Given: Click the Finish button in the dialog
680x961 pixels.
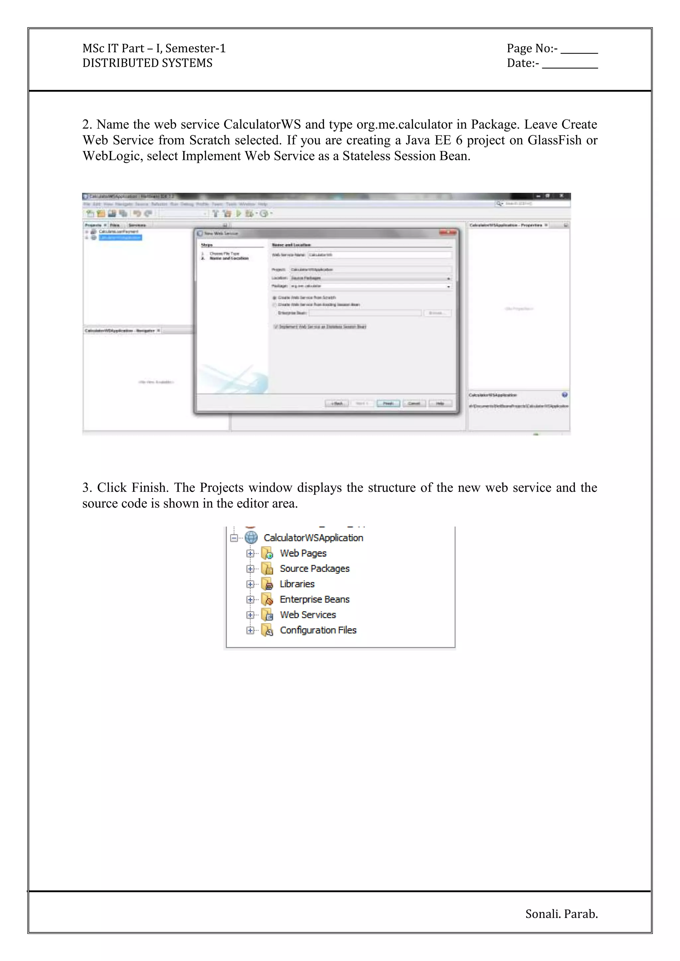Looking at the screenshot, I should tap(388, 404).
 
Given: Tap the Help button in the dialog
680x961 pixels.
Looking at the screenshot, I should tap(440, 404).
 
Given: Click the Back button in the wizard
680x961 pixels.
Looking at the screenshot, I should tap(337, 404).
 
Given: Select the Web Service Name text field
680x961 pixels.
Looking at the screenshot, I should tap(380, 255).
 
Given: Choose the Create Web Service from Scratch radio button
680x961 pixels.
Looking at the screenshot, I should tap(275, 298).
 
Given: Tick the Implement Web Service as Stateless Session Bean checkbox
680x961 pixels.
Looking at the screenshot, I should tap(276, 327).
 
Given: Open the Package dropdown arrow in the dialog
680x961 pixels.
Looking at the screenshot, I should tap(449, 287).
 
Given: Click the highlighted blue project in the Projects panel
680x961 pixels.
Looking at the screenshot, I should tap(120, 237).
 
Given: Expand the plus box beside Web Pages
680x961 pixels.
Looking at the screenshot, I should tap(250, 553).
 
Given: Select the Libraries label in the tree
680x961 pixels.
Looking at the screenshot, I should tap(297, 584).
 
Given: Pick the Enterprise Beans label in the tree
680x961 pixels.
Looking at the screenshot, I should tap(314, 599).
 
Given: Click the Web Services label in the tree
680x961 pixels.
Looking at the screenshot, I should tap(308, 615).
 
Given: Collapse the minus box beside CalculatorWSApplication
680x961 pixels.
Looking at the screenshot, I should tap(234, 538).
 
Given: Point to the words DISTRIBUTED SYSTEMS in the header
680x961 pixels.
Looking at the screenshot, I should tap(147, 63).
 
